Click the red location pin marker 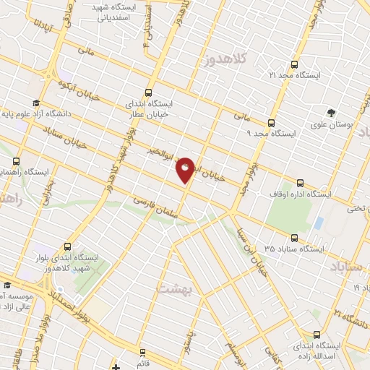coord(185,170)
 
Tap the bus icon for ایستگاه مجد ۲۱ coord(293,64)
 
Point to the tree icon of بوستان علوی coord(331,113)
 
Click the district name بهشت coord(173,288)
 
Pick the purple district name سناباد coord(348,269)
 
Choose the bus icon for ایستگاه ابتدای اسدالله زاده coord(317,335)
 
